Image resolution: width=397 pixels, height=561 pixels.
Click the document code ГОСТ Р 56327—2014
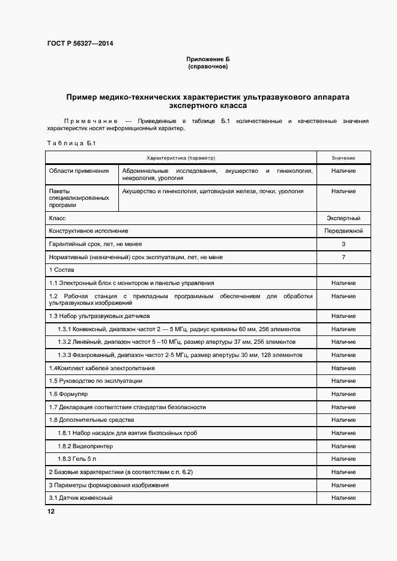pos(79,43)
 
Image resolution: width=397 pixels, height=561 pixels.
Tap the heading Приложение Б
pos(207,60)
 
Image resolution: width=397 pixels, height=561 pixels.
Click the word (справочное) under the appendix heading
pos(207,67)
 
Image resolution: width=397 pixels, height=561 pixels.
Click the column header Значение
pos(343,158)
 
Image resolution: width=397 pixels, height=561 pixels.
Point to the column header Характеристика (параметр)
pos(181,158)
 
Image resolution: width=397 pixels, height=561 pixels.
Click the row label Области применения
pos(75,171)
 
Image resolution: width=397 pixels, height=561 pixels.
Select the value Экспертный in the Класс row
pos(343,218)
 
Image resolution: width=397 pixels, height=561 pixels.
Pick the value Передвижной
pos(343,230)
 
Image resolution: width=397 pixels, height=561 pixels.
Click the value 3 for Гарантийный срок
pos(343,244)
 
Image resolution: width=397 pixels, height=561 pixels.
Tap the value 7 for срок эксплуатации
pos(343,257)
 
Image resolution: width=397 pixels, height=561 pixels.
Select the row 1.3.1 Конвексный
pos(178,329)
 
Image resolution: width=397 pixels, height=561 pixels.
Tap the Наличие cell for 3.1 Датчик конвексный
pos(343,498)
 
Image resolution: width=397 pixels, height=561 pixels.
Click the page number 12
pos(51,512)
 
